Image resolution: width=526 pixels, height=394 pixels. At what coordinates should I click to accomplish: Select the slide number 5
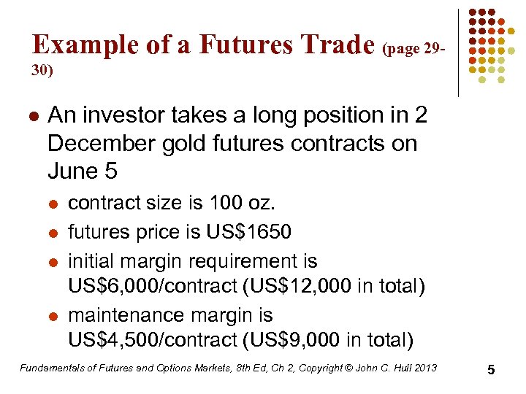[492, 370]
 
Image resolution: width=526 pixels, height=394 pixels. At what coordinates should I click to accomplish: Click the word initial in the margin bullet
[90, 260]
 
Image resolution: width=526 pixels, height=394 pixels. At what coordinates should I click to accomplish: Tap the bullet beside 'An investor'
[33, 116]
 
